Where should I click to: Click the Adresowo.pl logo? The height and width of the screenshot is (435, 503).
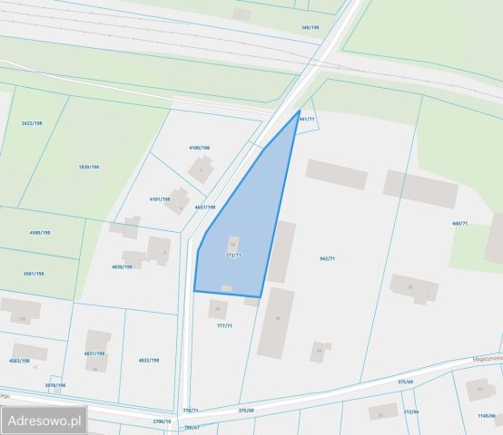click(44, 420)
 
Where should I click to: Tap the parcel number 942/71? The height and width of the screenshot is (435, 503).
click(327, 258)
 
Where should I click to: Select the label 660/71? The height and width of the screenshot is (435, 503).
click(459, 223)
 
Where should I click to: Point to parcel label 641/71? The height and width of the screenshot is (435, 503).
click(306, 119)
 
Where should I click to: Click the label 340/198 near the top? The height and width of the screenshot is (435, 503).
click(311, 27)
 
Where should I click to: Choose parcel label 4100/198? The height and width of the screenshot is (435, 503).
click(199, 147)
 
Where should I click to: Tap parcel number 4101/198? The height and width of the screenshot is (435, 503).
click(159, 198)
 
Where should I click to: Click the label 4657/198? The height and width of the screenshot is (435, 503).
click(205, 207)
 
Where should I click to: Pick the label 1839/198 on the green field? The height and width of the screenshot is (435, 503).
click(89, 167)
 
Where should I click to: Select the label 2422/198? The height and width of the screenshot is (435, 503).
click(33, 122)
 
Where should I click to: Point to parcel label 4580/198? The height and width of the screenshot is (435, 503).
click(40, 232)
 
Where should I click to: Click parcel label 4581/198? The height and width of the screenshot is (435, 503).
click(34, 273)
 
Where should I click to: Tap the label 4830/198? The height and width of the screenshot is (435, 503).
click(122, 266)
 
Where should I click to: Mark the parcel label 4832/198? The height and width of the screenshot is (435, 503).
click(148, 360)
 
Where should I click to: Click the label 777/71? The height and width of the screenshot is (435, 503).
click(224, 325)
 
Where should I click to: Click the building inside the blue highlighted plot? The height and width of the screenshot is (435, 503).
click(232, 243)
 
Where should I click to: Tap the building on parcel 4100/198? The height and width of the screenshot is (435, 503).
click(200, 168)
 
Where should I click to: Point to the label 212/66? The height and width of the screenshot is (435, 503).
click(410, 411)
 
